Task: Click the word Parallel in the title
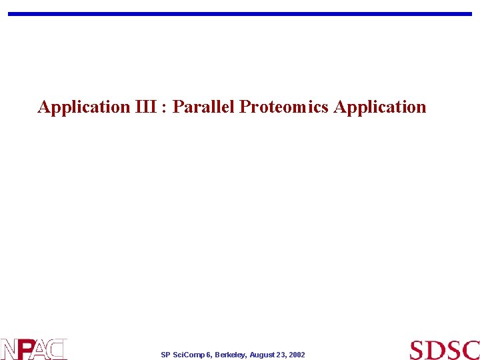[x=203, y=107]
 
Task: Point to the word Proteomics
[x=284, y=107]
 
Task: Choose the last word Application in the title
[x=380, y=107]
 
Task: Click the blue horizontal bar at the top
[x=240, y=13]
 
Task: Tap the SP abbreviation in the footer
[x=165, y=355]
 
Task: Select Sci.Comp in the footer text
[x=189, y=355]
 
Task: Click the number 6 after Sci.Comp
[x=209, y=355]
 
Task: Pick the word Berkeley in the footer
[x=230, y=355]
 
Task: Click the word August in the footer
[x=263, y=355]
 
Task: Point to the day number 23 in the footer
[x=283, y=355]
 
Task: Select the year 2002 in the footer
[x=297, y=355]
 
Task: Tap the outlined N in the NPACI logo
[x=9, y=349]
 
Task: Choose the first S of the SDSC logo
[x=418, y=350]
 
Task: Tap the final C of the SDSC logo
[x=471, y=350]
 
